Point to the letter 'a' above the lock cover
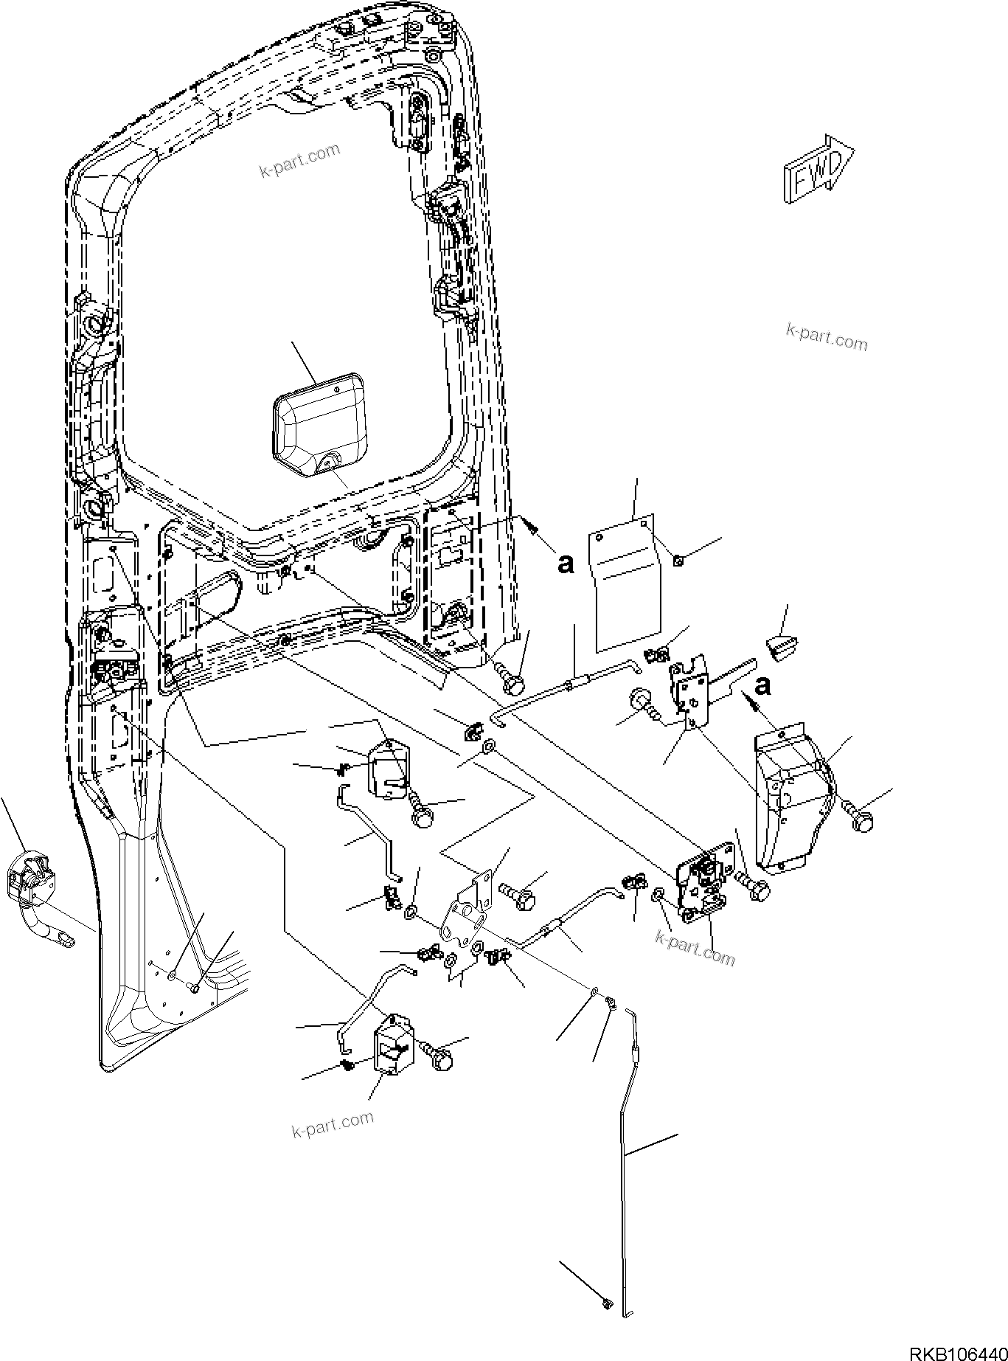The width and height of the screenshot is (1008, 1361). pos(763,685)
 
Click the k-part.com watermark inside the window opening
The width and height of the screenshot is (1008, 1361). pos(299,161)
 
